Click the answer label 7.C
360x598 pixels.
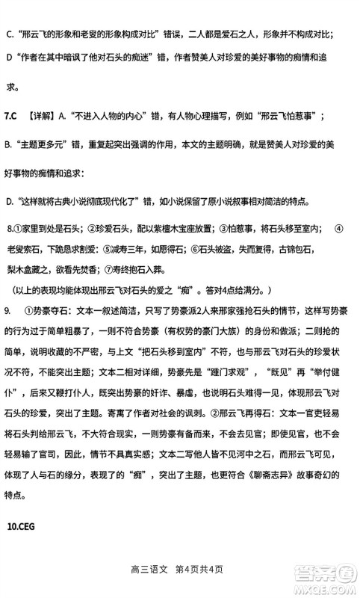[12, 116]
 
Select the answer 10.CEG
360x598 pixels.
[22, 525]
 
